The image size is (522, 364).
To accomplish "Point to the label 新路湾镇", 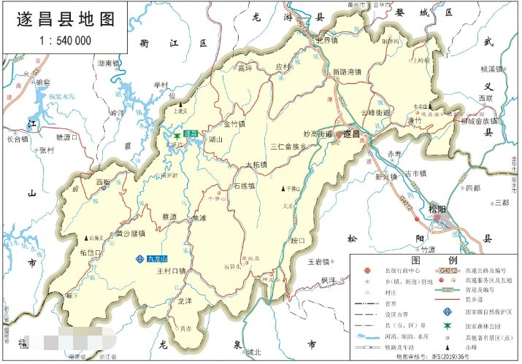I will pos(347,72).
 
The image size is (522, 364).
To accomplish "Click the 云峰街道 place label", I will pos(377,113).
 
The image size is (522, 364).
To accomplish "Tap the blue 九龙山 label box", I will pos(157,259).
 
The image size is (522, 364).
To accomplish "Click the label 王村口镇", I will pos(172,271).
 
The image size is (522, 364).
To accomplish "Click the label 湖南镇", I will pos(107,63).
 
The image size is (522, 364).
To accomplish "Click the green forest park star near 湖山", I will pos(177,136).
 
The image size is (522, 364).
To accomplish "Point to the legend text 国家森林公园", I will pos(490,324).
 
